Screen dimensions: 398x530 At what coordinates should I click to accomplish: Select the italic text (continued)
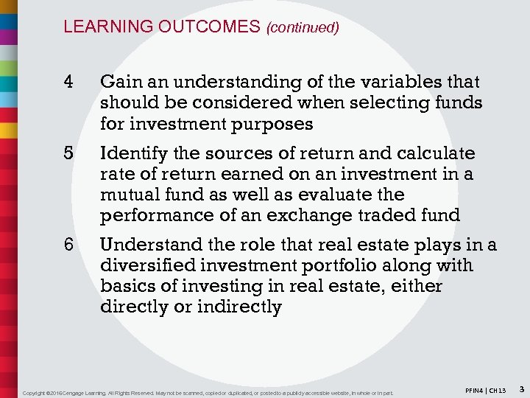click(x=303, y=27)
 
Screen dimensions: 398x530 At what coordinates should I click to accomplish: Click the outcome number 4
click(x=68, y=82)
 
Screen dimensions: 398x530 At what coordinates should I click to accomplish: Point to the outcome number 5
click(x=68, y=153)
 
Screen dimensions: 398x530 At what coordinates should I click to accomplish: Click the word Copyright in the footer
click(x=36, y=392)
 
